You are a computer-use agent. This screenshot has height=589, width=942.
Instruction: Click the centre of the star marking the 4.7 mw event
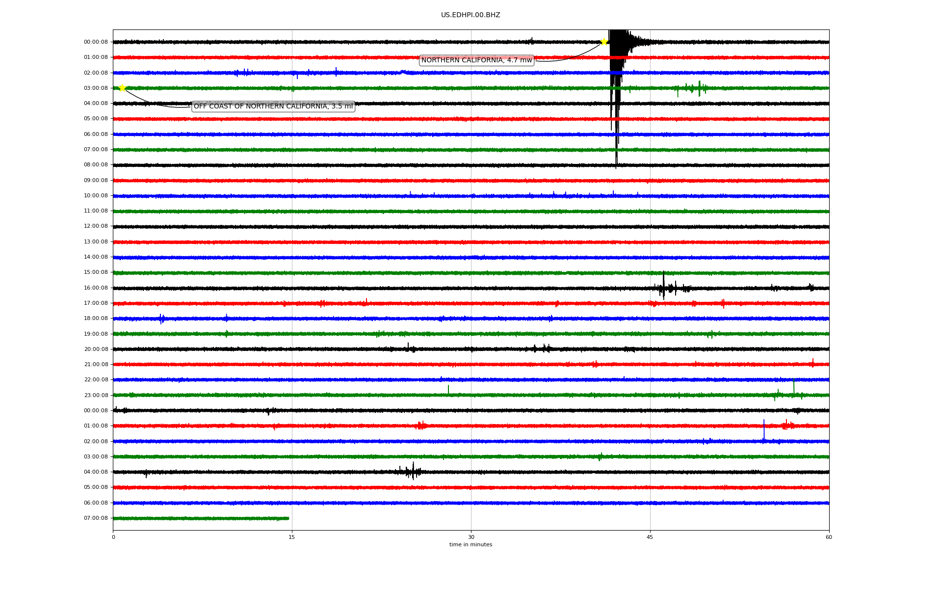click(604, 42)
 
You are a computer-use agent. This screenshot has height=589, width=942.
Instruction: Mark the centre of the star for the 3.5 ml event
click(122, 88)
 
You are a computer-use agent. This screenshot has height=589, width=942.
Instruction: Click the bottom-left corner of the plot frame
click(113, 530)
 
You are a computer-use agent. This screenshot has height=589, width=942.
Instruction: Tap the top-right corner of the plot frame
click(829, 29)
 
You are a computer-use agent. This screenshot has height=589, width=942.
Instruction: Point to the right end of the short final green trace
click(289, 518)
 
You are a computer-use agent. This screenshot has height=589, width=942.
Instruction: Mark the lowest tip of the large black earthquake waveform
click(616, 169)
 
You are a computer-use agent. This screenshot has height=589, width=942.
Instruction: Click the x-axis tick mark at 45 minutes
click(650, 532)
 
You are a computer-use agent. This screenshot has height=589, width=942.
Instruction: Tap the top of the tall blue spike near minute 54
click(764, 420)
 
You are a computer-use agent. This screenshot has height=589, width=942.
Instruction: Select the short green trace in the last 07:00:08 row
click(201, 518)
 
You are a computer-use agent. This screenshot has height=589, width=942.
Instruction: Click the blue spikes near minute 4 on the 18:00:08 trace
click(161, 319)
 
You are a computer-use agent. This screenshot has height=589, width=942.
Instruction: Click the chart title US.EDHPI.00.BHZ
click(471, 15)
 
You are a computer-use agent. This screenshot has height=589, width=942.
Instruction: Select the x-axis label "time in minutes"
click(471, 544)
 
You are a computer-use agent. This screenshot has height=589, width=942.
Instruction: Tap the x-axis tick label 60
click(829, 537)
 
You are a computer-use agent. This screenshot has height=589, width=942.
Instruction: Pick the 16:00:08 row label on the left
click(96, 288)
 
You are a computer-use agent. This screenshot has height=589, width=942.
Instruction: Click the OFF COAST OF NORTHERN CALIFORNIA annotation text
click(273, 106)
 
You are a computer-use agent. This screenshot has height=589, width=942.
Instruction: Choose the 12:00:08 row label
click(96, 226)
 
